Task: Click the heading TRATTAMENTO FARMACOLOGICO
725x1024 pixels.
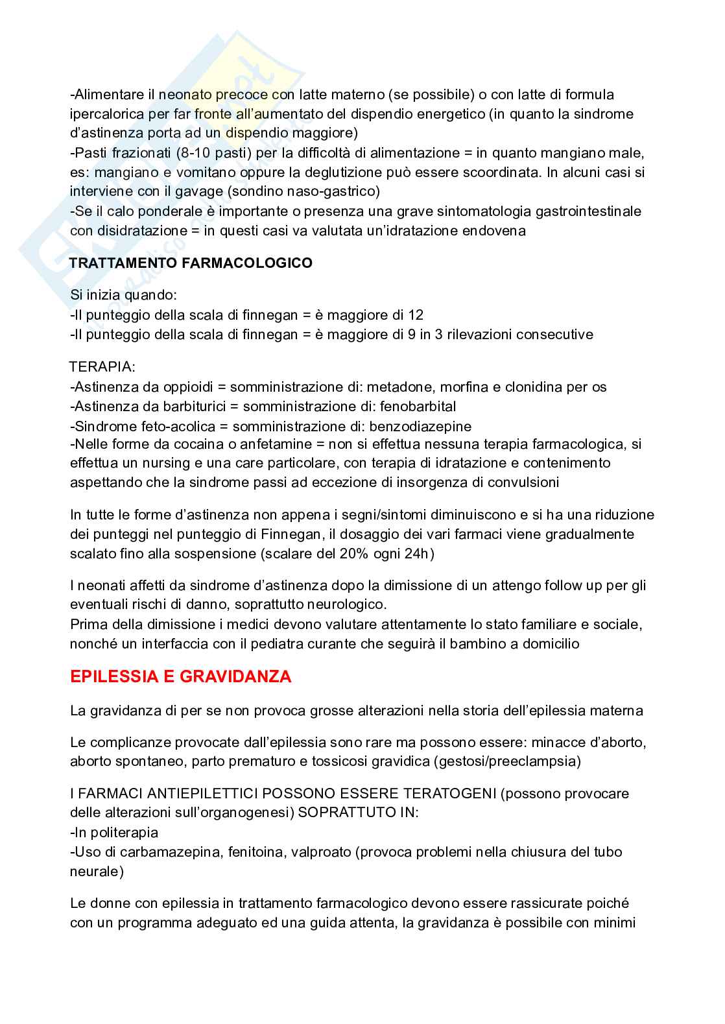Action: (x=191, y=263)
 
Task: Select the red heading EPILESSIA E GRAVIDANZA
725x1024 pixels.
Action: (x=180, y=677)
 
